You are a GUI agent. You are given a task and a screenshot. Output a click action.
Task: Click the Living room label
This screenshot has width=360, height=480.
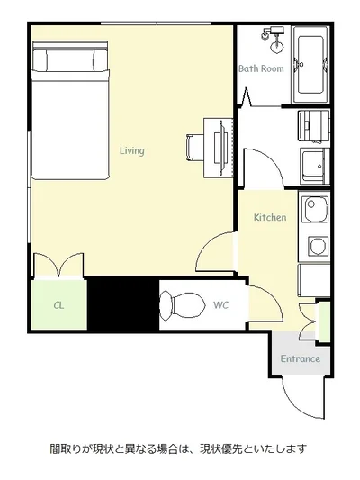[x=131, y=150]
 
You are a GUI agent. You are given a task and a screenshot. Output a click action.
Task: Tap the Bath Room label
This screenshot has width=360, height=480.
[x=261, y=68]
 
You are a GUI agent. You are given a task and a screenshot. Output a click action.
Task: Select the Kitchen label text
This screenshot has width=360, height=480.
[x=270, y=217]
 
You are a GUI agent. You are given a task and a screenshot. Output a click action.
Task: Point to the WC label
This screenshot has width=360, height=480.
[x=220, y=305]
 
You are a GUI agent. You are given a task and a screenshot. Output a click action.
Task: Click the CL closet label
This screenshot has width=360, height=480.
[x=58, y=305]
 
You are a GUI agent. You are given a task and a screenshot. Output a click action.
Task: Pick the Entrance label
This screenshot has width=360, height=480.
[x=301, y=358]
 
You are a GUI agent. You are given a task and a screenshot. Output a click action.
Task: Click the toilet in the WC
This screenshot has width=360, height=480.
[x=183, y=305]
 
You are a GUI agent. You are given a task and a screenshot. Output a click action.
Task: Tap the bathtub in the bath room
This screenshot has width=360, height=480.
[x=310, y=65]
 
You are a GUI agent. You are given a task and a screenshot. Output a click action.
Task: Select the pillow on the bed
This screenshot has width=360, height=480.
[x=70, y=60]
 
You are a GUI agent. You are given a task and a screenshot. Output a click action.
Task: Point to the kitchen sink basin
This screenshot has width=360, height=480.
[x=315, y=208]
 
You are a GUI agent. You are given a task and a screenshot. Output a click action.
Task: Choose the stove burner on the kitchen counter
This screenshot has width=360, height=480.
[x=319, y=246]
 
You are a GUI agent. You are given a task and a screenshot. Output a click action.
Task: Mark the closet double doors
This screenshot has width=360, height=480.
[x=58, y=265]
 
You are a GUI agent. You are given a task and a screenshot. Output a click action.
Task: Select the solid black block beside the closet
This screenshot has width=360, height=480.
[x=123, y=303]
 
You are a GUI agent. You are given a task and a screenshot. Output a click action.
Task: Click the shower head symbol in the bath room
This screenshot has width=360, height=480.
[x=273, y=38]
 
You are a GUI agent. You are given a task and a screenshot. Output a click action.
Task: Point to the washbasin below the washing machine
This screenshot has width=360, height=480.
[x=314, y=166]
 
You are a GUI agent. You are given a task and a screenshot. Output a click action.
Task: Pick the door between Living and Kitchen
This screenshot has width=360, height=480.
[x=216, y=251]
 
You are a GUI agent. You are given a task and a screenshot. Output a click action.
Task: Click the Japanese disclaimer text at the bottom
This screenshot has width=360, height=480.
[x=178, y=449]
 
